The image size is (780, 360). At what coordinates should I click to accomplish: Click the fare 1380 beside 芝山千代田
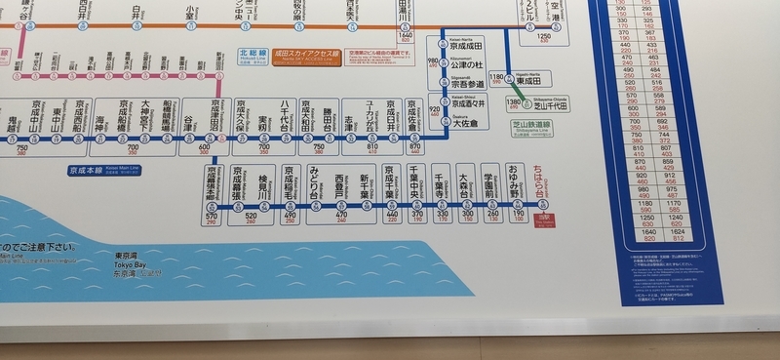click(514, 101)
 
